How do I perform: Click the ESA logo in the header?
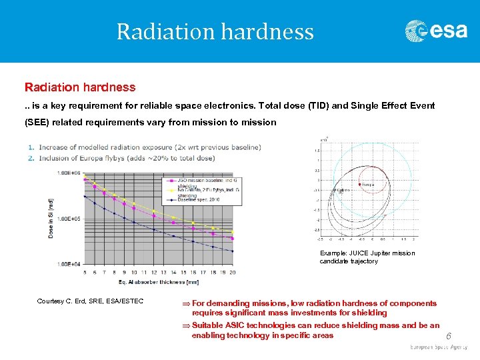point(436,31)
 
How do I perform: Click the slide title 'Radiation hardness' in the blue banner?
point(215,31)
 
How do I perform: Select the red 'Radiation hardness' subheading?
point(80,87)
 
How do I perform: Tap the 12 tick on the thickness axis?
point(154,272)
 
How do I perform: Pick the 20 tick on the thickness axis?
point(232,272)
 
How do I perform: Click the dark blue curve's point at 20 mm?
point(232,251)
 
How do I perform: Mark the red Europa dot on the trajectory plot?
point(361,183)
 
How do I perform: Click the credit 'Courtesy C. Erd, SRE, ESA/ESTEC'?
point(90,302)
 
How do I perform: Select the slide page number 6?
point(448,337)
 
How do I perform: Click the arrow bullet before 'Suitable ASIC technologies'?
point(186,326)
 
